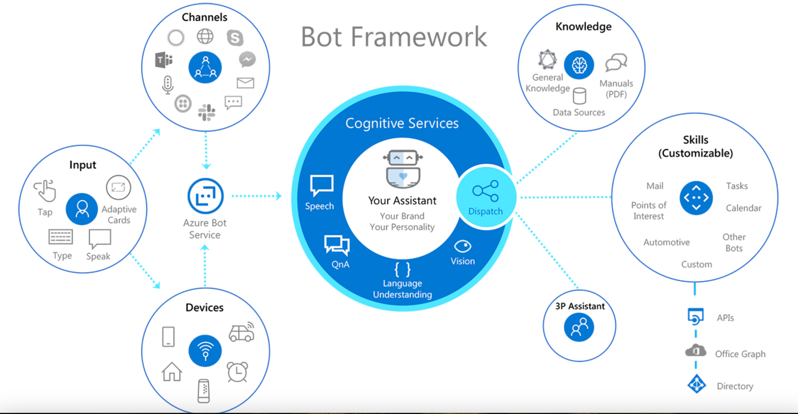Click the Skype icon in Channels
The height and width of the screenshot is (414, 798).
235,38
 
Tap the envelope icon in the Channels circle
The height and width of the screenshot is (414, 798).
245,83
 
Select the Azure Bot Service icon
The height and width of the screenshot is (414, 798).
205,196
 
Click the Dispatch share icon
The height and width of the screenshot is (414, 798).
486,191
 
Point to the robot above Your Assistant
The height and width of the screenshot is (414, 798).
403,169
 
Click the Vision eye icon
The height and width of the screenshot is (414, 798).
462,246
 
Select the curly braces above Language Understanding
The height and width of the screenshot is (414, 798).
402,269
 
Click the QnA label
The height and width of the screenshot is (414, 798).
340,264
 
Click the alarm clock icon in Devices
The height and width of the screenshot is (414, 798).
237,371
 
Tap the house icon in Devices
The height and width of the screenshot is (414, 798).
172,371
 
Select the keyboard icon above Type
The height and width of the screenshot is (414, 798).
61,237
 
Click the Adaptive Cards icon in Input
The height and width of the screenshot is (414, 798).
119,187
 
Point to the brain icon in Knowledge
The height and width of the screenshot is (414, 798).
579,65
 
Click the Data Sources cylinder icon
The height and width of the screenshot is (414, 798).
579,96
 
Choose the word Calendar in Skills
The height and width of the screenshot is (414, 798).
744,208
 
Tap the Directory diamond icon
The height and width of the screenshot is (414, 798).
697,384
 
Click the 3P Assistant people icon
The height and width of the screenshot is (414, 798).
579,327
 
